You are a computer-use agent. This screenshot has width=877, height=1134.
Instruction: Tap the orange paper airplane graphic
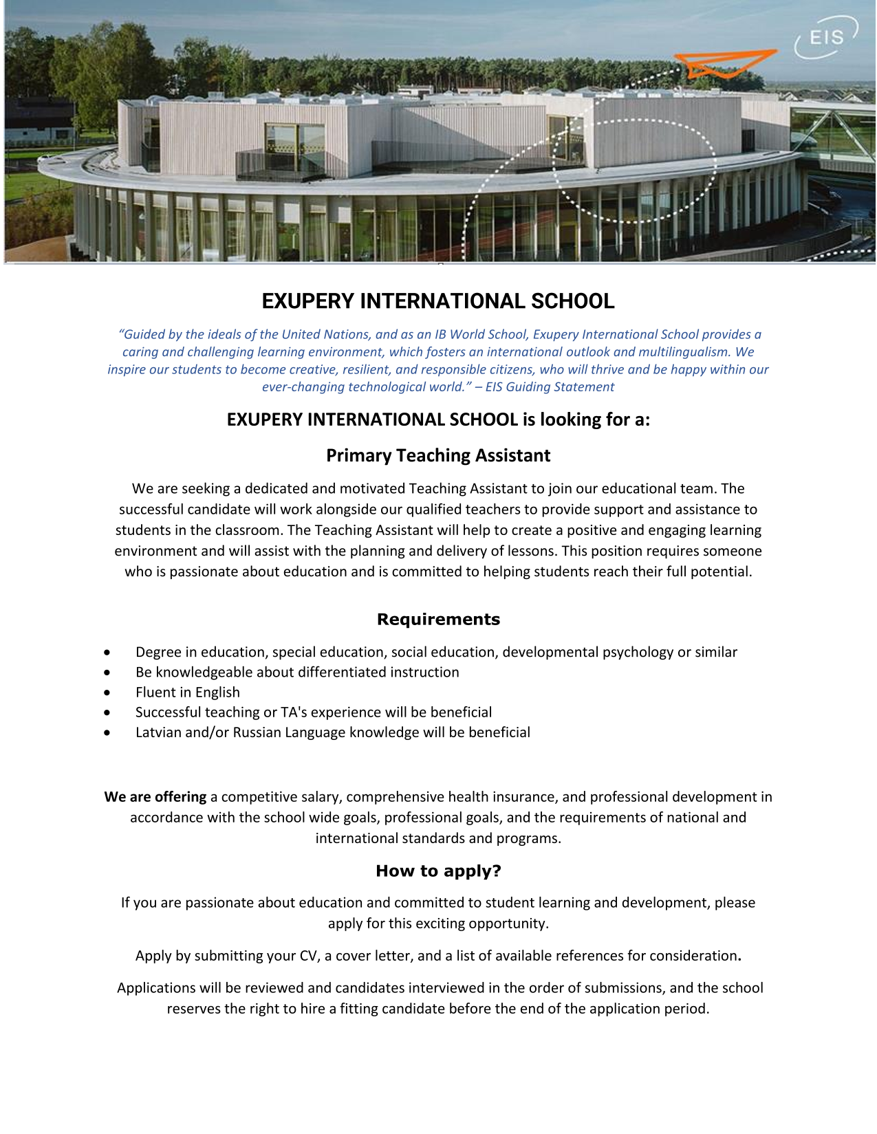click(726, 63)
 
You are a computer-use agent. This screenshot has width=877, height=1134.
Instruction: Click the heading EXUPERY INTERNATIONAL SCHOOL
click(438, 301)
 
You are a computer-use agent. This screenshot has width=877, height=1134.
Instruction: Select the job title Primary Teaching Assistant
click(438, 455)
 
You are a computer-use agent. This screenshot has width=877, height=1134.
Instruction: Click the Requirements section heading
click(438, 619)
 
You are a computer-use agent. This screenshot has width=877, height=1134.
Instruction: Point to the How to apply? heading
click(438, 871)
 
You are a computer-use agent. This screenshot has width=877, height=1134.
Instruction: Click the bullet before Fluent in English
click(107, 693)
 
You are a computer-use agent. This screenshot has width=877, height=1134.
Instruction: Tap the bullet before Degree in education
click(107, 652)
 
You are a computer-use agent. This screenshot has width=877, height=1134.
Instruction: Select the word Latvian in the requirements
click(158, 732)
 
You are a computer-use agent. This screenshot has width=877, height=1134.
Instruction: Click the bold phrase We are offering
click(155, 797)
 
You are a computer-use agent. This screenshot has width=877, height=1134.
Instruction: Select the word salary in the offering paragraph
click(321, 797)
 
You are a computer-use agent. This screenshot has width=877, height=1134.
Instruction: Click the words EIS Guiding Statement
click(550, 386)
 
